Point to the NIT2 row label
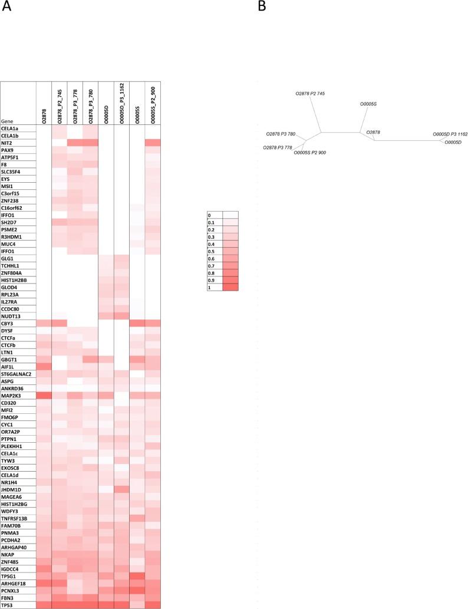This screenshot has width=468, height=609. point(8,143)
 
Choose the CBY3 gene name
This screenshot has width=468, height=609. point(8,323)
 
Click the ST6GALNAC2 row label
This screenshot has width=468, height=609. point(16,374)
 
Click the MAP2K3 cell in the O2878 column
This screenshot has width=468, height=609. point(44,395)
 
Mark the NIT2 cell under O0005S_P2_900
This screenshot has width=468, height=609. point(152,143)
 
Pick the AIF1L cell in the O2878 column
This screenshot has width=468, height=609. point(44,366)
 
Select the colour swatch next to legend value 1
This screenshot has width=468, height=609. point(230,287)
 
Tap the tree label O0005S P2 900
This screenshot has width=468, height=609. point(310,153)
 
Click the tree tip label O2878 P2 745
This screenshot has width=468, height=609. point(310,94)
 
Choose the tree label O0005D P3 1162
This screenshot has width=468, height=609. point(450,134)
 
